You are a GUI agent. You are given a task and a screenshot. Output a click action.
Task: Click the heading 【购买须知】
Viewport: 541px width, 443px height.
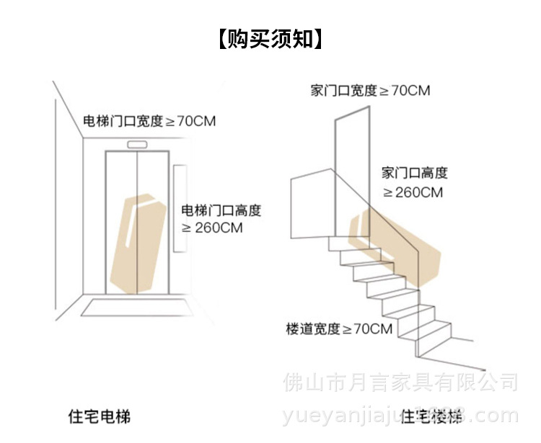click(x=270, y=38)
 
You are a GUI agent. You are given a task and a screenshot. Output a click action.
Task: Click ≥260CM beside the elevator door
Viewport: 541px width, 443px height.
click(x=212, y=228)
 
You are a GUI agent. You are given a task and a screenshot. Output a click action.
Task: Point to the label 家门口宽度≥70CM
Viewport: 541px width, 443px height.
click(x=370, y=91)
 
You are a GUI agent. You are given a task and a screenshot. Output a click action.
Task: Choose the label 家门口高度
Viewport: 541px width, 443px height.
click(x=415, y=173)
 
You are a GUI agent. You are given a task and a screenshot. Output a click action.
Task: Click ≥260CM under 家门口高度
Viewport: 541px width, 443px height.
click(x=413, y=192)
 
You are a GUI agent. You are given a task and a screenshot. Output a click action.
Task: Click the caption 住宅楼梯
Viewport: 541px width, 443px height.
click(x=431, y=417)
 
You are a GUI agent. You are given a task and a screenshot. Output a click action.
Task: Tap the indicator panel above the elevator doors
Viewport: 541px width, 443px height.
click(x=137, y=145)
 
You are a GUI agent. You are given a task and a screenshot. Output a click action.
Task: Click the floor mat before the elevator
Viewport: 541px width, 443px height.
click(x=137, y=308)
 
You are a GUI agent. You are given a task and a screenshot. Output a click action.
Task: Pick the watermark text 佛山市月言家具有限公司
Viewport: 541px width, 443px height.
click(x=401, y=380)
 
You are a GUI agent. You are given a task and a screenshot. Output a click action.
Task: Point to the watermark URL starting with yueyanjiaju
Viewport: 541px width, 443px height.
click(x=400, y=416)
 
